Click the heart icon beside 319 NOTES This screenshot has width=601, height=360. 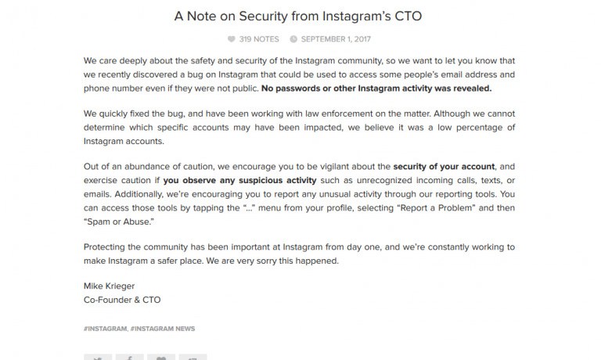tap(232, 38)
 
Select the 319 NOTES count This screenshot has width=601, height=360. tap(258, 38)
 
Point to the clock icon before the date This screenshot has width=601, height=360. tap(293, 38)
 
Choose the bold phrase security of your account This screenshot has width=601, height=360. tap(443, 167)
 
